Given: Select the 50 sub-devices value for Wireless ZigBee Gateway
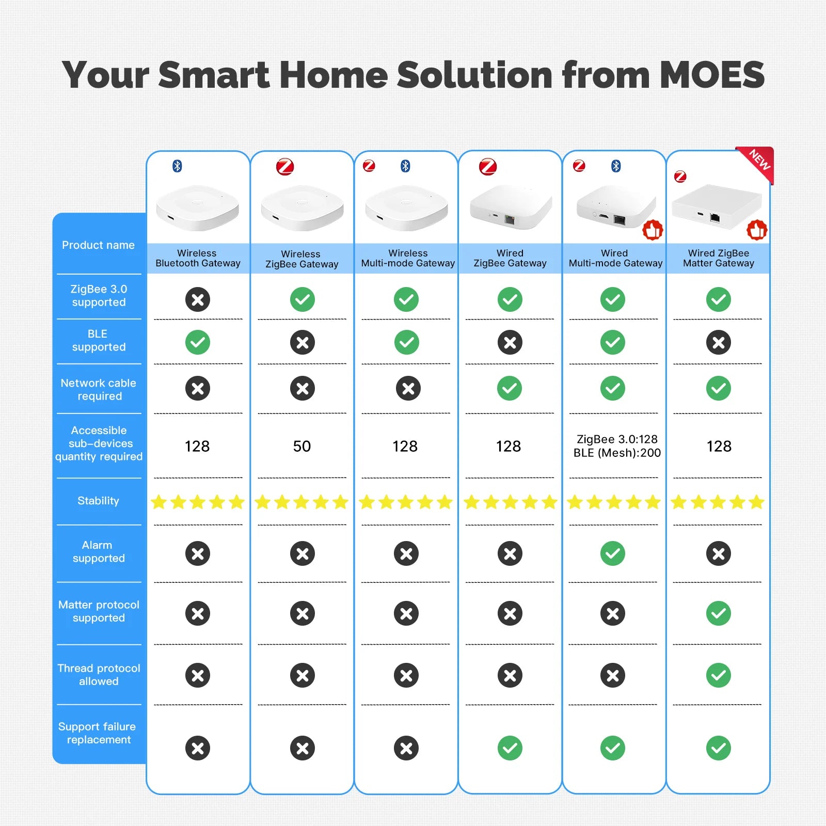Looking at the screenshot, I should pos(302,446).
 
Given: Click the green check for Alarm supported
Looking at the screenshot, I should pos(613,553).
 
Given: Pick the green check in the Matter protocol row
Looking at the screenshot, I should pos(719,613).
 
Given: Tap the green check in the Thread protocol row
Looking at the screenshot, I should pos(719,675).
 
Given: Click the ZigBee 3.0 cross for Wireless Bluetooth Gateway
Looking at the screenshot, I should pos(198,299).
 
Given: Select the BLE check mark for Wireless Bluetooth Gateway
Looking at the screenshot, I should pos(198,342).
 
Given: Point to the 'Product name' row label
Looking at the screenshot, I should pos(98,245).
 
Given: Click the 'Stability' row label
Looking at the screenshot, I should pos(98,501).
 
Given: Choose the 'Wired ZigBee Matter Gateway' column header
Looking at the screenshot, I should pos(719,258).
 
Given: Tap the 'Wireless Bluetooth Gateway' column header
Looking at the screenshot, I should pos(198,258).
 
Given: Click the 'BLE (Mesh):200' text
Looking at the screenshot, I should pos(617,453).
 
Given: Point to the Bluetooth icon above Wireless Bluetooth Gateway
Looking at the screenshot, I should pos(177,166).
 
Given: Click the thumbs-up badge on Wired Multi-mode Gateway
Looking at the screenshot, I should pos(653,230).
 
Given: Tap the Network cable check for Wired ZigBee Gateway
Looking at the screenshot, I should pos(510,388).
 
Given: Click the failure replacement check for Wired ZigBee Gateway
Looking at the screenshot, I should pos(510,748).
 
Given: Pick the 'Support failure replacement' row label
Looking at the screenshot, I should pos(98,733).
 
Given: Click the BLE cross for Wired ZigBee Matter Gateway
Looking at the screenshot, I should pos(719,342).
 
